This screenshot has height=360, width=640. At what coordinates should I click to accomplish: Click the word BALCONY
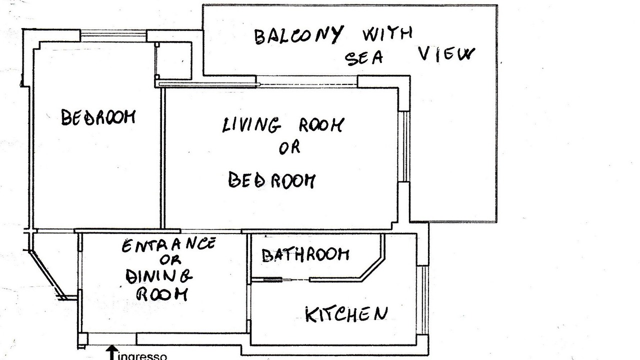coord(298,35)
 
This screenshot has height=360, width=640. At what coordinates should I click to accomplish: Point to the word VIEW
coord(446,54)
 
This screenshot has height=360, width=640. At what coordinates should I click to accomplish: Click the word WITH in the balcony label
coord(387,33)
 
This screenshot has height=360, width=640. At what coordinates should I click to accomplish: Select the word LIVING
coord(251,125)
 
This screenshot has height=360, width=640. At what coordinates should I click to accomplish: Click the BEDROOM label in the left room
coord(98,117)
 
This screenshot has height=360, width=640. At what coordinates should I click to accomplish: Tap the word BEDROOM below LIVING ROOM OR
coord(271,180)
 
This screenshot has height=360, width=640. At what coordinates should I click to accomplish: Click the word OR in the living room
coord(289,147)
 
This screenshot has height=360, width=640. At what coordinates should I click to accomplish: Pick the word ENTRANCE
coord(168,245)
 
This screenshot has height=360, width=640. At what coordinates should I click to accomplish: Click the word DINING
coord(159,276)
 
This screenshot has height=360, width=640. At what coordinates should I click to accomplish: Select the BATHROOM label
coord(305,255)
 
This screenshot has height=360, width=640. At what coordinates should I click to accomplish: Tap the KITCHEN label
coord(346,314)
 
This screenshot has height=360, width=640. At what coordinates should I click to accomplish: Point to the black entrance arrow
coord(112,353)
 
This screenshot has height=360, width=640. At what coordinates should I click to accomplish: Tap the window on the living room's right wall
coord(404,146)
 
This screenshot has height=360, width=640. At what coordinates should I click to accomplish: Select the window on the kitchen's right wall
coord(422,300)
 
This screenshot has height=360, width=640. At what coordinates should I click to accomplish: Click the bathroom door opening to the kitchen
coord(295,280)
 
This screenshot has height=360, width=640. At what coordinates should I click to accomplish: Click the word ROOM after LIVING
coord(321,125)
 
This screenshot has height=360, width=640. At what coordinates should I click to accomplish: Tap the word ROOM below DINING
coord(162,294)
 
